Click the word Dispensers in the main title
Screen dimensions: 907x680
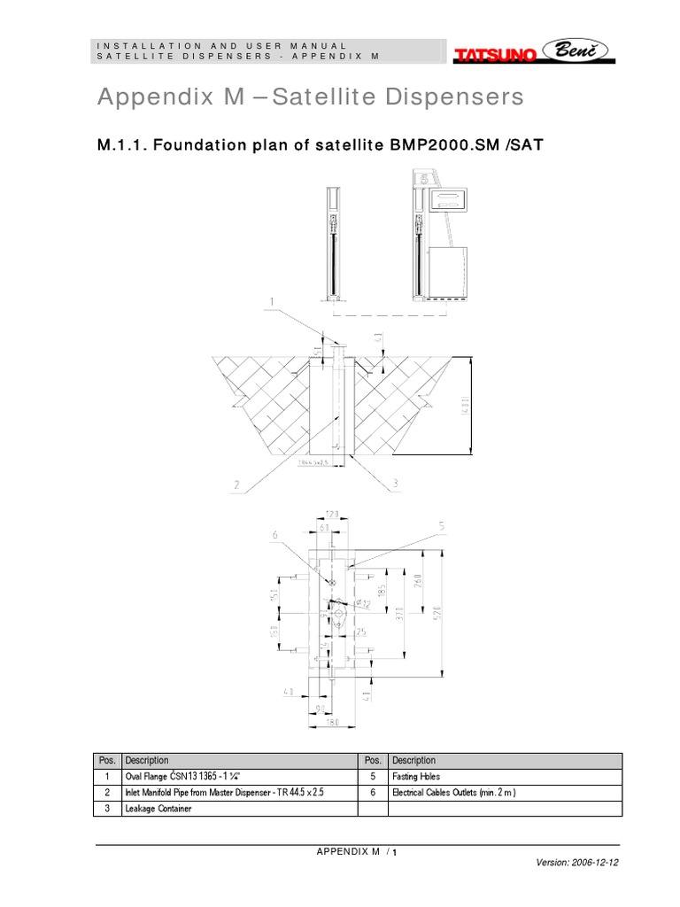click(x=444, y=98)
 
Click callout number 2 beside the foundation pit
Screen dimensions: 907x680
click(x=237, y=484)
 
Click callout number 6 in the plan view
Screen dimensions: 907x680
click(x=274, y=535)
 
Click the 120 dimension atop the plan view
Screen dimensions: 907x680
click(x=331, y=514)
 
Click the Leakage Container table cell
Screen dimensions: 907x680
click(x=239, y=809)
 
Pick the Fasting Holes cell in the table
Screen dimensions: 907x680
click(x=505, y=777)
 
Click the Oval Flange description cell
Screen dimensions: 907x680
click(x=239, y=777)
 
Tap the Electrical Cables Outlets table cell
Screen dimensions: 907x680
click(x=505, y=793)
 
